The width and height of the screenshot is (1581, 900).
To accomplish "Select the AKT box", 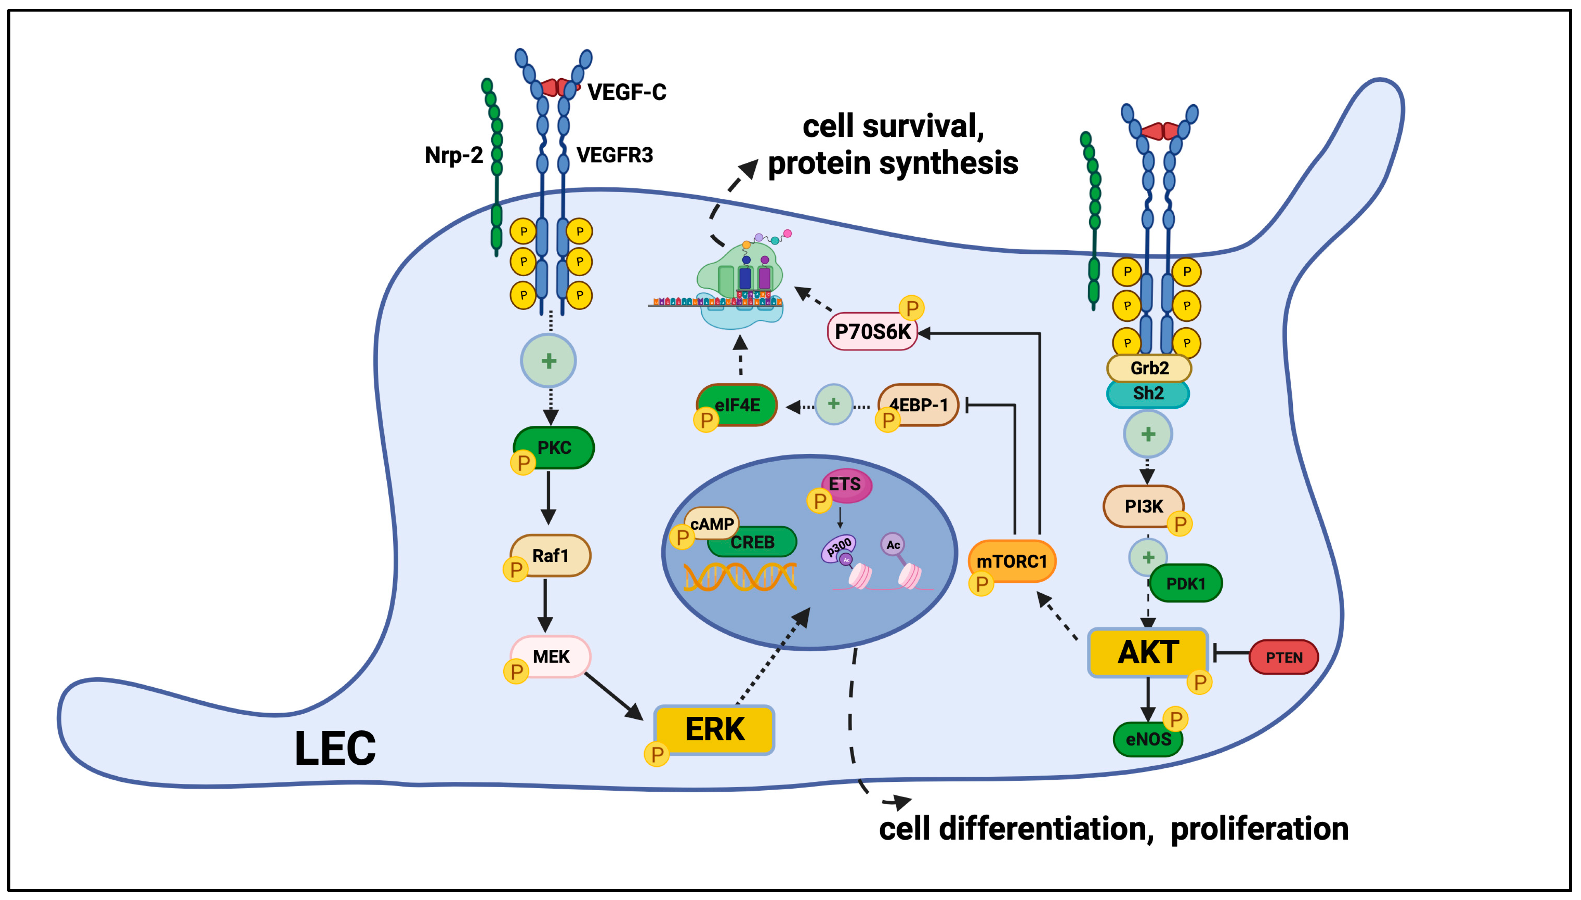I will pos(1148,653).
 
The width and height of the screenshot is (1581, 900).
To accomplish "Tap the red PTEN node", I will pos(1284,657).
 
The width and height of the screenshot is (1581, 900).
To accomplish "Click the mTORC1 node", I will pos(1012,561).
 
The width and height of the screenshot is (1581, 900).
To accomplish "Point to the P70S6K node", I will pos(872,332).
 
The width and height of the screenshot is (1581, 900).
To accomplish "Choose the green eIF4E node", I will pos(737,405).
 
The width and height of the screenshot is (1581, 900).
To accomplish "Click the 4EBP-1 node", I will pos(918,405).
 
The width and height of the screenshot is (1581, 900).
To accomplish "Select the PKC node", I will pos(554,447).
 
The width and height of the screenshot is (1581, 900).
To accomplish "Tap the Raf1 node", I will pos(550,556).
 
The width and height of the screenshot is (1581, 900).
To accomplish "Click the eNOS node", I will pos(1148,739).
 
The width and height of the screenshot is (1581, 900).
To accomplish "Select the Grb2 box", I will pos(1149,368).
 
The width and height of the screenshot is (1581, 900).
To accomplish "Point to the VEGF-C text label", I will pos(627,92).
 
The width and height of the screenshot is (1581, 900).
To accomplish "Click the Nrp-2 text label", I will pos(454,154).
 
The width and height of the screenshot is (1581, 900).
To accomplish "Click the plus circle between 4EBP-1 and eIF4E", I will pos(834,404).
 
